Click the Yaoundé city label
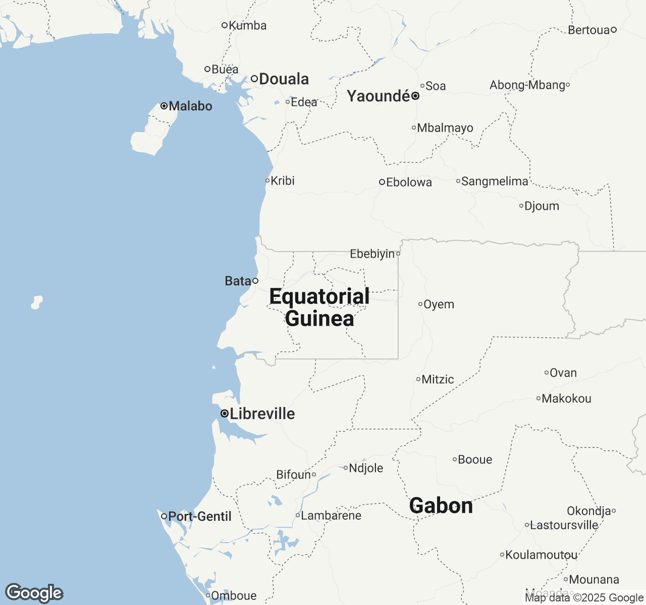click(x=379, y=96)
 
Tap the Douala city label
click(x=284, y=79)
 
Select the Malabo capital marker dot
click(x=164, y=106)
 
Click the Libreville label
click(x=262, y=414)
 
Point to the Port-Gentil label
click(x=200, y=516)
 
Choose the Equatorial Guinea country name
click(x=319, y=308)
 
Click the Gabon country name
click(x=441, y=506)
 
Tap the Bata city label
click(x=238, y=281)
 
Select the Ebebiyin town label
click(x=372, y=254)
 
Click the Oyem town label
click(x=439, y=305)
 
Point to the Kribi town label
click(x=283, y=180)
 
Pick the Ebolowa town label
click(x=409, y=182)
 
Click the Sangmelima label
click(x=495, y=181)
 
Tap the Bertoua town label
click(x=589, y=30)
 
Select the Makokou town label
click(x=566, y=399)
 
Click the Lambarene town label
click(x=331, y=515)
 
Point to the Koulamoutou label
click(x=542, y=555)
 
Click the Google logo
click(x=34, y=593)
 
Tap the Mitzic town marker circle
click(x=418, y=379)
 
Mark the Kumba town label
click(x=247, y=25)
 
